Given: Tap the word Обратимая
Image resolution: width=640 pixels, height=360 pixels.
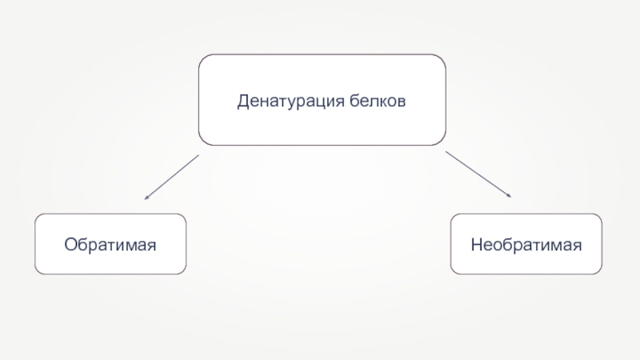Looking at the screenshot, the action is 110,243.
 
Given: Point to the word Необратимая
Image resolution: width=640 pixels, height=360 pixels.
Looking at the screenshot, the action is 526,243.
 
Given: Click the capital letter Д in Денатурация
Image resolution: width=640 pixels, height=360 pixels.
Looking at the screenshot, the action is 242,102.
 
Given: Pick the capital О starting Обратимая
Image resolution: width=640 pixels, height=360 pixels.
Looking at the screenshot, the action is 71,243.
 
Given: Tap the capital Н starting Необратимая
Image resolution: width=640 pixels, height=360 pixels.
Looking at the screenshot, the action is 474,243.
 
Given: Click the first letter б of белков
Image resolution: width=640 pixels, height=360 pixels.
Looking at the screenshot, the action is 354,102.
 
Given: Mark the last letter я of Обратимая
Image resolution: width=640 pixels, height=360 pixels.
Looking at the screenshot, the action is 150,244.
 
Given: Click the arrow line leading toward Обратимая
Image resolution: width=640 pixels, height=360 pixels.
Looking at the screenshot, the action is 172,176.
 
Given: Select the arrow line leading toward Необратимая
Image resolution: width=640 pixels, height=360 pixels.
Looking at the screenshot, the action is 478,174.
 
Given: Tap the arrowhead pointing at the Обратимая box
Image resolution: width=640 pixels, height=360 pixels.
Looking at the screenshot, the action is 146,197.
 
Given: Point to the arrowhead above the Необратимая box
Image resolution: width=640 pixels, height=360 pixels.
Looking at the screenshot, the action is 509,194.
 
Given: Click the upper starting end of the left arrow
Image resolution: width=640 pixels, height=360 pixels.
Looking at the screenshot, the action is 198,155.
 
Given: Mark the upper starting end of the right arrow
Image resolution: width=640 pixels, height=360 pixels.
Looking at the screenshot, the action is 446,151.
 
